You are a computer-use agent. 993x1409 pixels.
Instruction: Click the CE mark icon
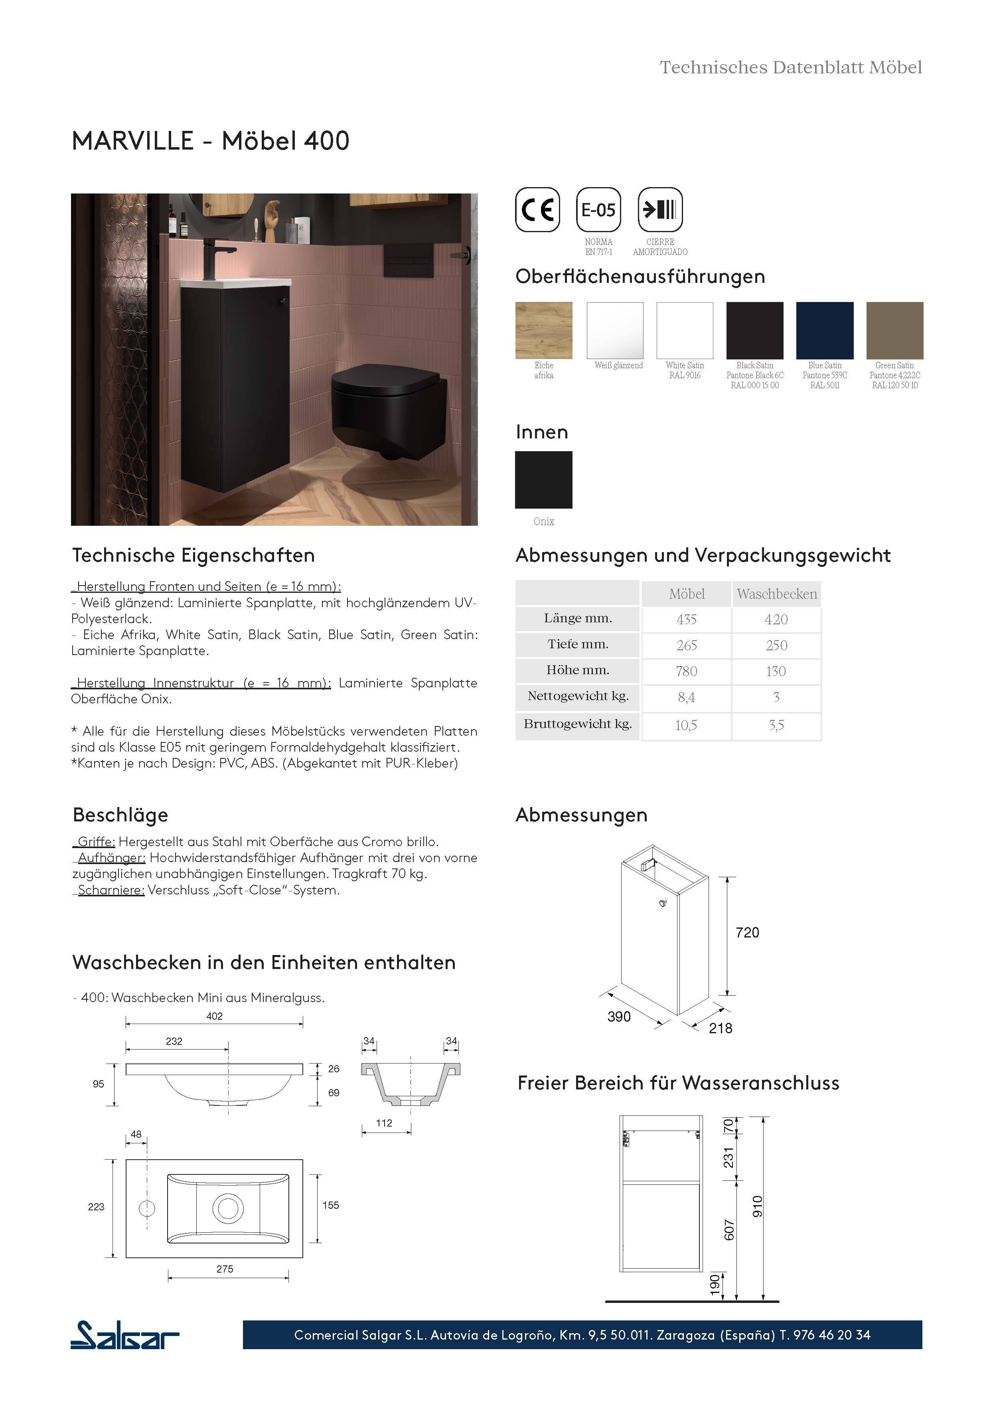[537, 210]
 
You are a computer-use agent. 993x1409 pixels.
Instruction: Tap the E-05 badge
[598, 210]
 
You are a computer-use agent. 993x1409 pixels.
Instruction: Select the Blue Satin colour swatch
[824, 330]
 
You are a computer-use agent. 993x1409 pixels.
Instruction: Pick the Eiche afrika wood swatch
[544, 330]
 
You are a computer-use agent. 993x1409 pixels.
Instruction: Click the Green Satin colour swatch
[894, 330]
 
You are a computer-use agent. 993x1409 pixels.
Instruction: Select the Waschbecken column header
[776, 594]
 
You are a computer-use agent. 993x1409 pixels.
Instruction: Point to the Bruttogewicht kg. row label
[578, 724]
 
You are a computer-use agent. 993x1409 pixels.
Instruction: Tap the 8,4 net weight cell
[686, 698]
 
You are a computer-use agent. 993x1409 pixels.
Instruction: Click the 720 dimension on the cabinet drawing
[747, 933]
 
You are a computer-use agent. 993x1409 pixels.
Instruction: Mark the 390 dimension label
[619, 1017]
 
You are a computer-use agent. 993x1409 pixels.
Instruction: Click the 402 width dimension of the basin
[214, 1016]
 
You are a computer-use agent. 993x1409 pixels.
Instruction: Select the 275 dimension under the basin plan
[225, 1269]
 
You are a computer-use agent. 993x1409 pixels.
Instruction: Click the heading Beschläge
[120, 815]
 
